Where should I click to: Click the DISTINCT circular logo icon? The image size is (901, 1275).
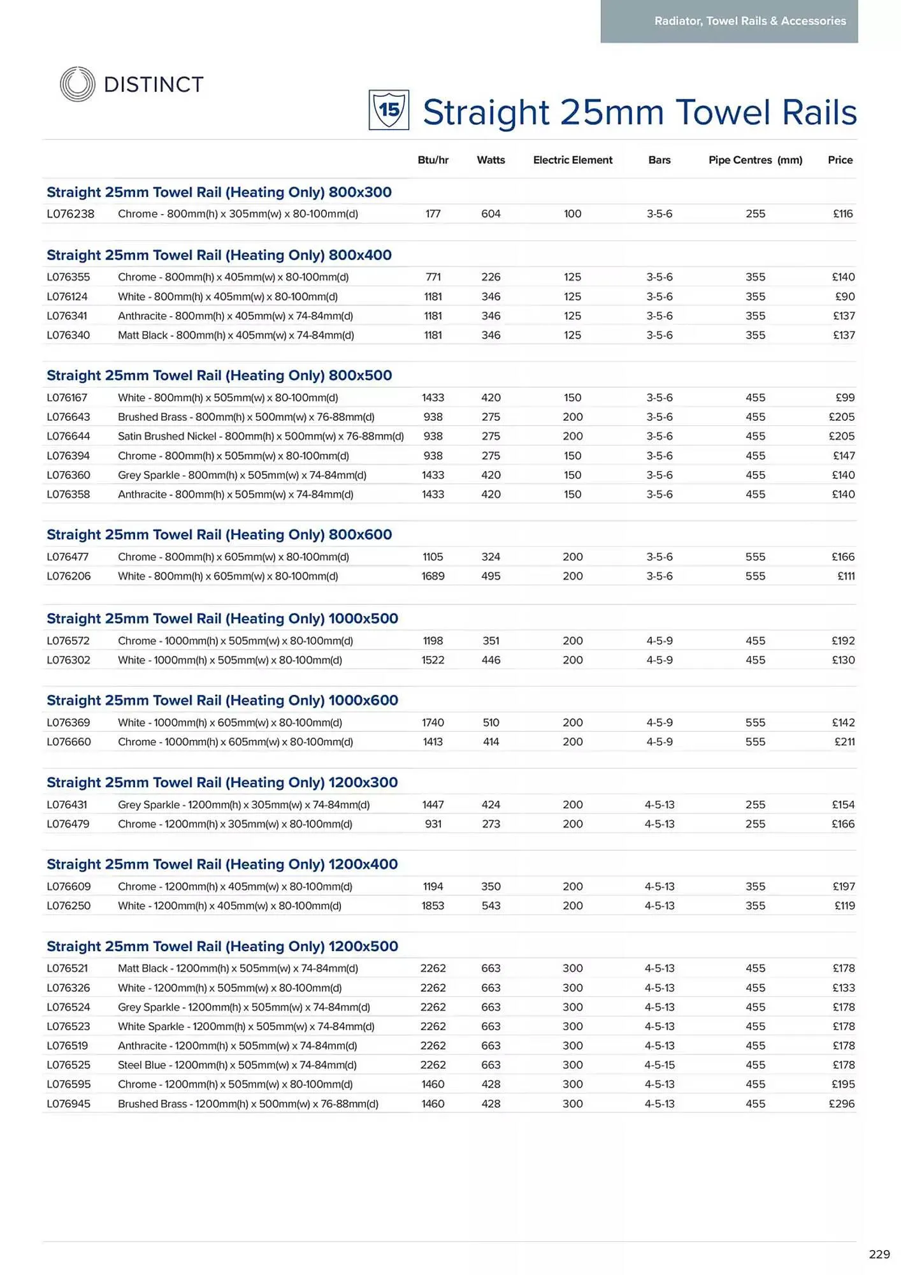(x=77, y=84)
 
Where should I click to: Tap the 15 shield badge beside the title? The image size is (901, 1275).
(x=389, y=110)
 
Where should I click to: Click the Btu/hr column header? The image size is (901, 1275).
(x=433, y=160)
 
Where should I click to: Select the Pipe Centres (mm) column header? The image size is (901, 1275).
(x=755, y=160)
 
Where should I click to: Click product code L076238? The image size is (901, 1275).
(x=70, y=214)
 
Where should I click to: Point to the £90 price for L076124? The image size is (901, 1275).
(x=844, y=296)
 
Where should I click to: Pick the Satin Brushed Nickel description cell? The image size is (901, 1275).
(x=261, y=437)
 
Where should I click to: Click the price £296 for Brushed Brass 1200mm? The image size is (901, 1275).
(x=841, y=1104)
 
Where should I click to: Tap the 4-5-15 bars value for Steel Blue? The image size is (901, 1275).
(x=660, y=1065)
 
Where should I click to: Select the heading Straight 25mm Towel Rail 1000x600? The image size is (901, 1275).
(x=222, y=701)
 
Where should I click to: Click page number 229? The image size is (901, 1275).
(x=879, y=1255)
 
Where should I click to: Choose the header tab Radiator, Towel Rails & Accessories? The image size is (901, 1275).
(x=750, y=21)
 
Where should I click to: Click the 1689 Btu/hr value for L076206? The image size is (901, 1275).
(x=433, y=576)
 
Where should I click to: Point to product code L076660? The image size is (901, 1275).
(x=69, y=742)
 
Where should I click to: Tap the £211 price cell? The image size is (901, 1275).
(x=844, y=742)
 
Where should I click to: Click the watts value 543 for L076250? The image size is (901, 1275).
(x=491, y=906)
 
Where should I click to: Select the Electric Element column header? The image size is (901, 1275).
(x=572, y=160)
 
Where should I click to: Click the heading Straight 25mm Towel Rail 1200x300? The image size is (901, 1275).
(x=222, y=783)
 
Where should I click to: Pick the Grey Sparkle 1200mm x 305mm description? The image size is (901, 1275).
(x=243, y=805)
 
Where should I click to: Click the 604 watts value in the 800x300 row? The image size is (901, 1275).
(x=491, y=214)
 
